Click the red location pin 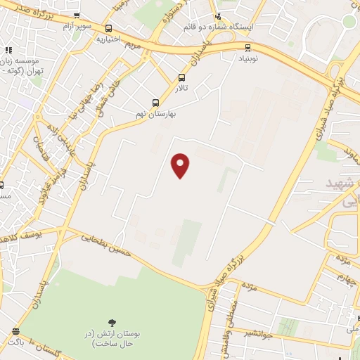pos(181,165)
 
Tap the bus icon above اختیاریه pos(108,29)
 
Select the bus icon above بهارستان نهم pos(155,103)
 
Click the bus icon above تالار pos(182,78)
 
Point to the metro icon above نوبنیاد pos(247,48)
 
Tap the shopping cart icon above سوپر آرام pos(75,15)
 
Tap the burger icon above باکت pos(15,331)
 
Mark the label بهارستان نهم pos(155,113)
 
